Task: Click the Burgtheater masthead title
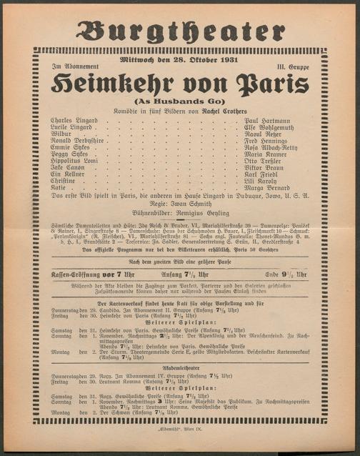180,31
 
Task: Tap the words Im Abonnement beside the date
70,66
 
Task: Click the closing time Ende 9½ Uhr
286,274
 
